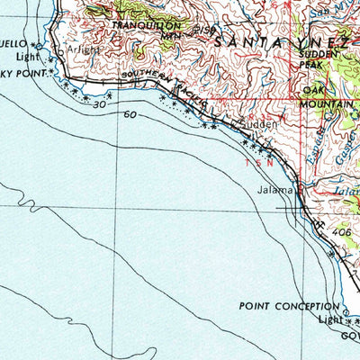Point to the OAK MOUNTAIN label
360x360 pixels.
(x=328, y=97)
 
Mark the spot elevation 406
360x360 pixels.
(x=343, y=233)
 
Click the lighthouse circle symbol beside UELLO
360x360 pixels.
(x=38, y=43)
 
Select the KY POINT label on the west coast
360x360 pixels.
(x=22, y=67)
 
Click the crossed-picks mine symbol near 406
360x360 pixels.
(x=320, y=224)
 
